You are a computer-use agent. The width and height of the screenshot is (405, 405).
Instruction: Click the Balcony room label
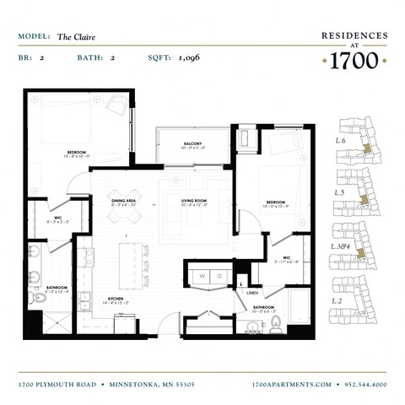(192, 145)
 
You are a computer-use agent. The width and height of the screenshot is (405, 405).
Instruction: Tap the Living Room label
(194, 202)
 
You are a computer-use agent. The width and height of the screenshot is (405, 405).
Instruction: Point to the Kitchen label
(116, 300)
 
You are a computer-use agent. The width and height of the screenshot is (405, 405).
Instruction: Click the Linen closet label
(252, 293)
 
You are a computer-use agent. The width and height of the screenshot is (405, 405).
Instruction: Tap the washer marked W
(202, 276)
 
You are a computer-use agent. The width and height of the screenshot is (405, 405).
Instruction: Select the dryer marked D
(218, 276)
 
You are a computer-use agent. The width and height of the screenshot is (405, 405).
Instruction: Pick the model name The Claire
(77, 37)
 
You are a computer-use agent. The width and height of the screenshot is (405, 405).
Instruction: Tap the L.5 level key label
(342, 192)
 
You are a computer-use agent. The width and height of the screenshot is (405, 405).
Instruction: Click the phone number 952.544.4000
(365, 384)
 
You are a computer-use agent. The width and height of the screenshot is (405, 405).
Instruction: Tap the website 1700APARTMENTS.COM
(291, 384)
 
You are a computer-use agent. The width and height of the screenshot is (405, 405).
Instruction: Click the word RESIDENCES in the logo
(354, 36)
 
